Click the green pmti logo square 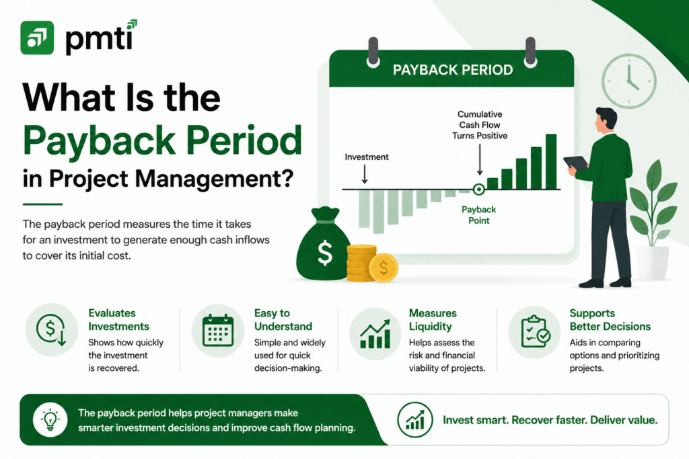tap(37, 38)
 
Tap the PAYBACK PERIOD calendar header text tap(453, 70)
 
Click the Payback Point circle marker tap(478, 190)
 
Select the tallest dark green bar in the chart tap(551, 162)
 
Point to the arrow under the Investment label tap(365, 174)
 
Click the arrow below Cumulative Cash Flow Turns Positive tap(480, 160)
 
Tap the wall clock tap(629, 81)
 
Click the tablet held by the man tap(576, 163)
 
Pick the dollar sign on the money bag tap(325, 253)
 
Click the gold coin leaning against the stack tap(384, 267)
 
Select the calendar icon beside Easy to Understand tap(218, 331)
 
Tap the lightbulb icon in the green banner tap(50, 419)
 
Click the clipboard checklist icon tap(535, 332)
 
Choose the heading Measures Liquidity tap(433, 319)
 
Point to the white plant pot tap(653, 262)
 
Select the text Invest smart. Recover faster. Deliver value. tap(550, 420)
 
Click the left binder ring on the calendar tap(373, 52)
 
